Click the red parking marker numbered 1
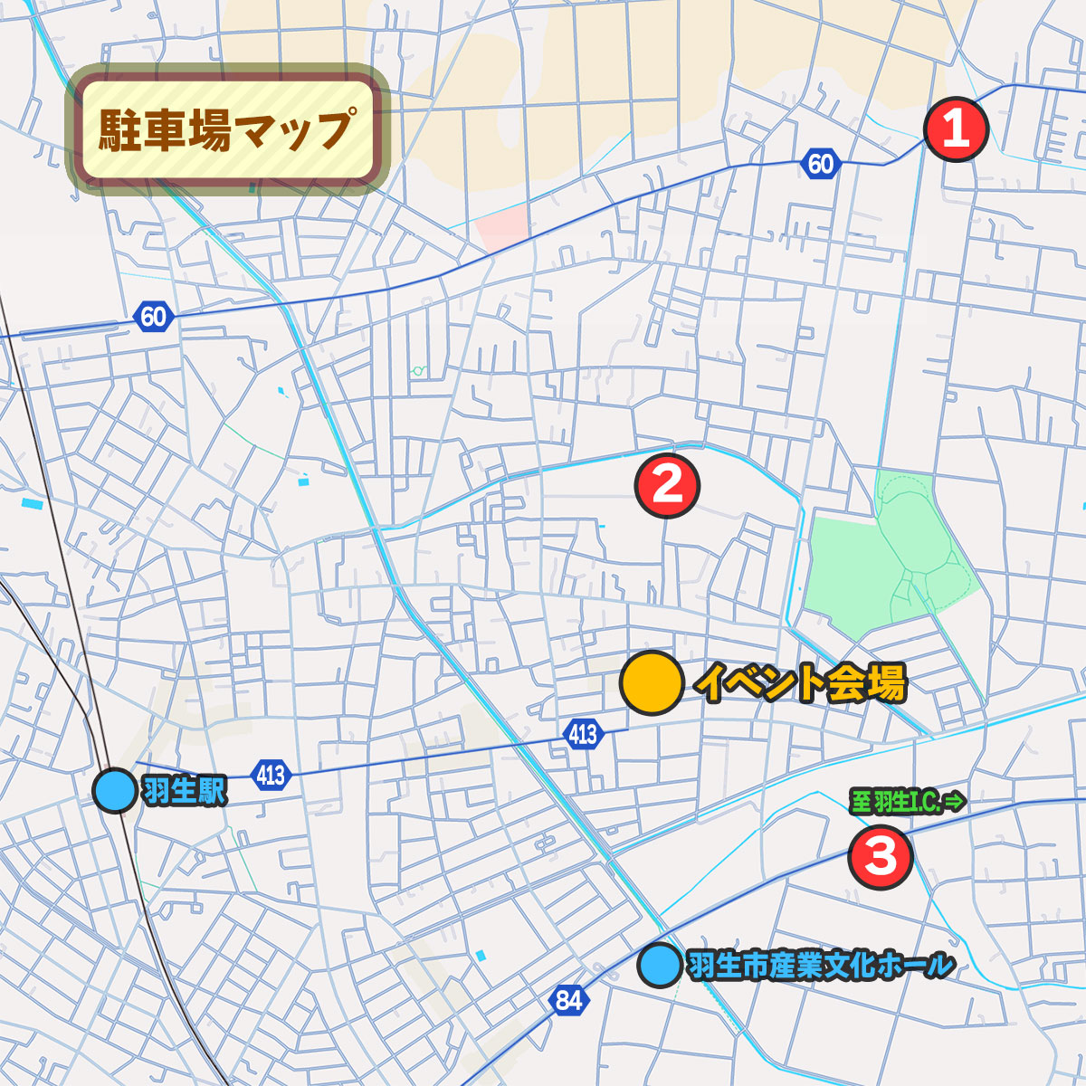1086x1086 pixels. tap(956, 129)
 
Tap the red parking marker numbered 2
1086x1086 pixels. tap(667, 485)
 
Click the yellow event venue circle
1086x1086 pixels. tap(652, 682)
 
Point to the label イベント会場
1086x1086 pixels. tap(800, 683)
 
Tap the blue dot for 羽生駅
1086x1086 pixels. tap(116, 790)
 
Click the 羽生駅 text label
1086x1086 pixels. tap(184, 792)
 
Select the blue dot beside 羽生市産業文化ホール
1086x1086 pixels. tap(659, 965)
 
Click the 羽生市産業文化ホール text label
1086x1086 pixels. tap(821, 966)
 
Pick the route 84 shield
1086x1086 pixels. tap(568, 1000)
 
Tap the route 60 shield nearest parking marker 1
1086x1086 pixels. tap(820, 164)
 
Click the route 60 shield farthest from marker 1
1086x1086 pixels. tap(153, 317)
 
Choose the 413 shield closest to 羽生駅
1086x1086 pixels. tap(270, 775)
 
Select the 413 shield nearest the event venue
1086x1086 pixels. tap(583, 733)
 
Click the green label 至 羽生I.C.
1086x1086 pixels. tap(896, 802)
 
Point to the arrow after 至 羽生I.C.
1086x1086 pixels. tap(957, 802)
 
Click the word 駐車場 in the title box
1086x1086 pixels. tap(151, 129)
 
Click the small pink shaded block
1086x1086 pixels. tap(503, 229)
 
